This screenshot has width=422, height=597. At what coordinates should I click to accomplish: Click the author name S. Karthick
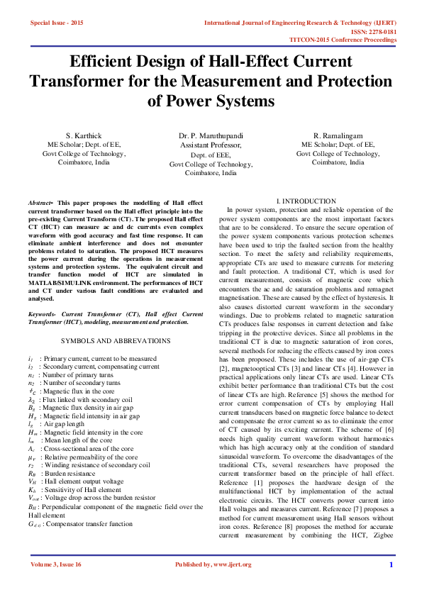(84, 135)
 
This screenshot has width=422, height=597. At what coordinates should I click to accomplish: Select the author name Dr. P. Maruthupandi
(211, 135)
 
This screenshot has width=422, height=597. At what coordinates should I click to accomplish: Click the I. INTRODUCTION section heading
(306, 202)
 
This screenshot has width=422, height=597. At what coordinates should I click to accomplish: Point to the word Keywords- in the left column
(43, 313)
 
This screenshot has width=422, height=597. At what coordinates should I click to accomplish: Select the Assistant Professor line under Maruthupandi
(211, 145)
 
